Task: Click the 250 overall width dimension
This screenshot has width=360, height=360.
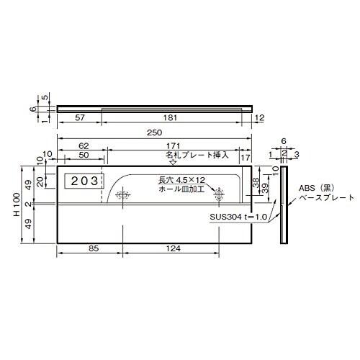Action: click(155, 132)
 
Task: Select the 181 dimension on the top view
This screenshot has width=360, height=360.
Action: click(170, 118)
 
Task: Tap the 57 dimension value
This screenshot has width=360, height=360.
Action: click(80, 118)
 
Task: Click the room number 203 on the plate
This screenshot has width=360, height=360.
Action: click(84, 181)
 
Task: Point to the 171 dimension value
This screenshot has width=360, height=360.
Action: click(174, 145)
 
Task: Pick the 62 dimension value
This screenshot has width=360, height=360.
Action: click(84, 145)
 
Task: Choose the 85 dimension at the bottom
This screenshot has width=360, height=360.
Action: click(94, 248)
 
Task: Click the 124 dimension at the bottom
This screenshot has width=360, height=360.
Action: click(174, 248)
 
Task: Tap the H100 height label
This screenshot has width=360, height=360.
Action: click(17, 204)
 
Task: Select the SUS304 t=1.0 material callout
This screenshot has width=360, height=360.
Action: click(238, 217)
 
